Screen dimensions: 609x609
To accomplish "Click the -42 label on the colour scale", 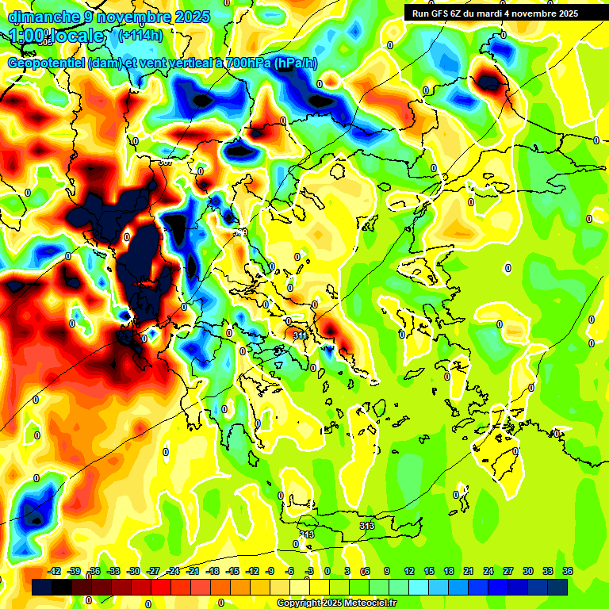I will click(55, 571).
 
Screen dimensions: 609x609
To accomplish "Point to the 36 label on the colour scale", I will click(568, 571).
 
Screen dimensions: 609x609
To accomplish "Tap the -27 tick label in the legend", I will click(154, 571).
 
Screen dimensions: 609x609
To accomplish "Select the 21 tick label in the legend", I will click(469, 571).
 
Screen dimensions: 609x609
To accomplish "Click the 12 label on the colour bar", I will click(409, 571).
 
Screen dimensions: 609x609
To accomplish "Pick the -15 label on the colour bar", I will click(232, 571).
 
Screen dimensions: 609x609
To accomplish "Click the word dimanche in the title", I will click(40, 17).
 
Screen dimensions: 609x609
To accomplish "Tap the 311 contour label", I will click(301, 336).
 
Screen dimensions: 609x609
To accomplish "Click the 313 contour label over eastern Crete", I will click(366, 526).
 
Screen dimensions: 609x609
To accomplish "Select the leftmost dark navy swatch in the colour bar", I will click(42, 587).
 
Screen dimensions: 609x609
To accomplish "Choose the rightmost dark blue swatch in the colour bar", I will click(557, 587).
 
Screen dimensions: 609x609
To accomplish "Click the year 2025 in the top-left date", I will click(193, 17).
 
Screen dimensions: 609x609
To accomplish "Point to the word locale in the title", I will click(79, 36).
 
